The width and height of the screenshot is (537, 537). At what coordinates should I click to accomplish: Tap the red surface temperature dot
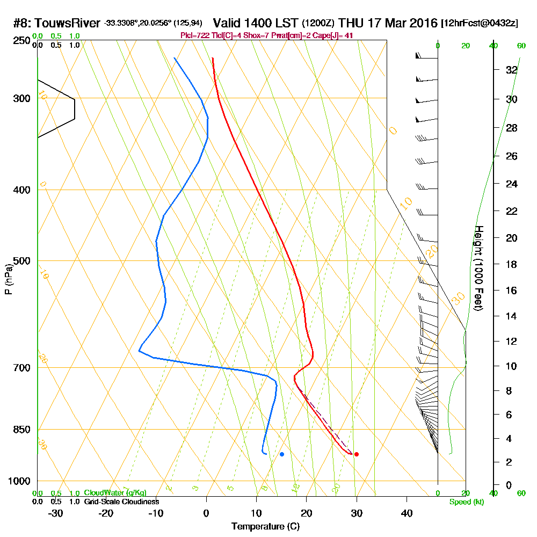[x=356, y=454]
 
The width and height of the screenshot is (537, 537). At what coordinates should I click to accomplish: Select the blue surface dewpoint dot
[x=282, y=454]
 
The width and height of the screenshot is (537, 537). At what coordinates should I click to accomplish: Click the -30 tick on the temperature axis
[x=56, y=513]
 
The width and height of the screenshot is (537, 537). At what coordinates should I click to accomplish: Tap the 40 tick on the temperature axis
[x=407, y=513]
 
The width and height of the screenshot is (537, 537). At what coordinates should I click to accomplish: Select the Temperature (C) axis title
[x=265, y=527]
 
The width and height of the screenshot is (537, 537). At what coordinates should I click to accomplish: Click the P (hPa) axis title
[x=8, y=279]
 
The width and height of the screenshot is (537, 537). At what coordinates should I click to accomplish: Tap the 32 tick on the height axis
[x=512, y=70]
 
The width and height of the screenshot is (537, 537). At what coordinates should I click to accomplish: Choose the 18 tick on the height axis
[x=512, y=264]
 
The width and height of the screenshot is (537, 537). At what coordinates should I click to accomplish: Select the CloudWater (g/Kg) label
[x=115, y=493]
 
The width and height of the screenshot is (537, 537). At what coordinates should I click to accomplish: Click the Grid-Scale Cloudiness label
[x=121, y=502]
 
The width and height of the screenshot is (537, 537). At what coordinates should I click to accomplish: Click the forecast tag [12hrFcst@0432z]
[x=480, y=24]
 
